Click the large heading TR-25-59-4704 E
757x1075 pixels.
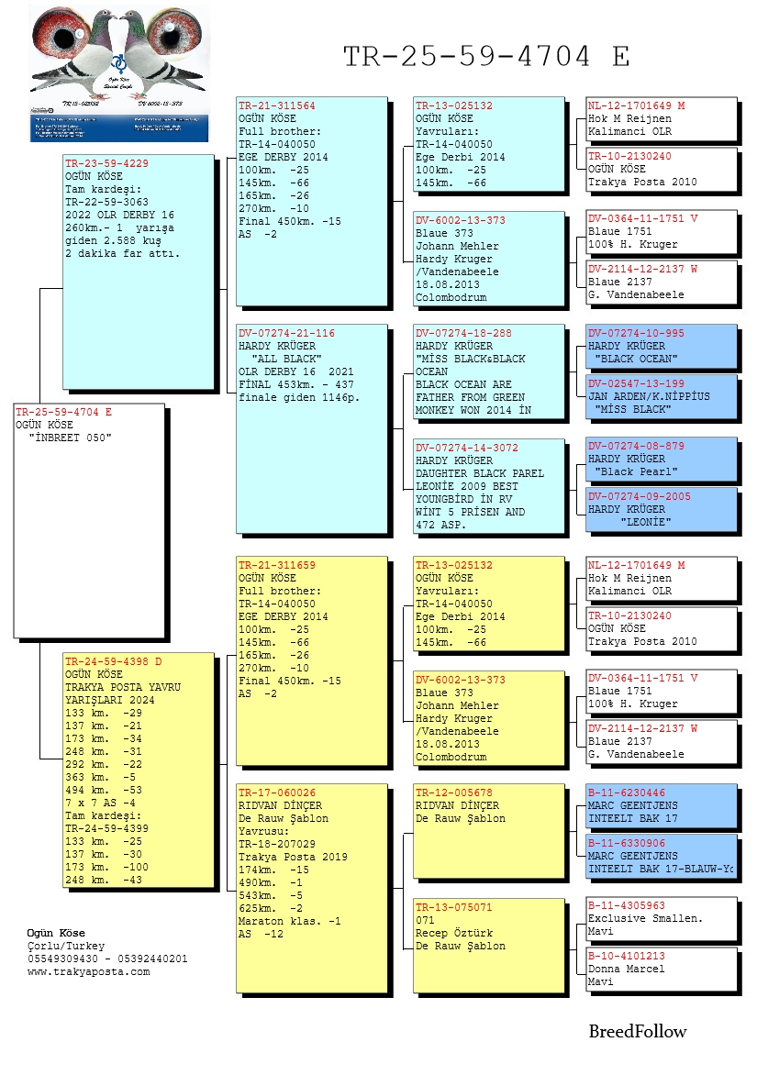(486, 57)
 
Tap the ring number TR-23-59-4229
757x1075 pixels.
(106, 163)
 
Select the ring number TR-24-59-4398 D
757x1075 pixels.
(113, 661)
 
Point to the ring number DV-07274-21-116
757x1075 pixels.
(286, 333)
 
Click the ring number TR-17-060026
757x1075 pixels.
(277, 792)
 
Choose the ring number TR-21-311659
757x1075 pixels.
(277, 565)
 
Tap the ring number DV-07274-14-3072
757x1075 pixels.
(468, 448)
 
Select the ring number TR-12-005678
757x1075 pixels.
(454, 792)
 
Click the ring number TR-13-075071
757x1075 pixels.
(454, 907)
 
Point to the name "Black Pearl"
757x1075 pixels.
(637, 471)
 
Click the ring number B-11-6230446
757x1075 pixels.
(627, 792)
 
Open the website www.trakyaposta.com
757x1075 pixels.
(88, 972)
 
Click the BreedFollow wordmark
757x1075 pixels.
(637, 1032)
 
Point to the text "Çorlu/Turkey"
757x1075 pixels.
(66, 947)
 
